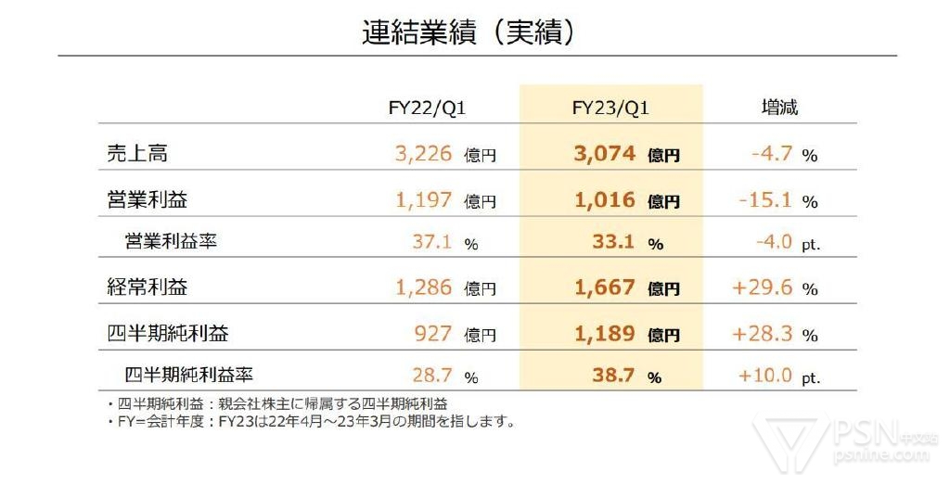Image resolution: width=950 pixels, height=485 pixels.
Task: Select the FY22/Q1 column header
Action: pyautogui.click(x=427, y=108)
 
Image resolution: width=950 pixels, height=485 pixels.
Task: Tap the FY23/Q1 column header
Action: pyautogui.click(x=610, y=108)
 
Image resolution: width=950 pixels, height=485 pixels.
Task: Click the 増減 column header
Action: pyautogui.click(x=778, y=108)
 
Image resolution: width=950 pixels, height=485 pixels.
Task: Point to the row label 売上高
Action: pyautogui.click(x=137, y=154)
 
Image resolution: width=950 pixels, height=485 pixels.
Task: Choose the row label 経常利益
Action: pyautogui.click(x=148, y=287)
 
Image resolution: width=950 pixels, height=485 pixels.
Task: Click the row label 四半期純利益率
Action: pyautogui.click(x=189, y=375)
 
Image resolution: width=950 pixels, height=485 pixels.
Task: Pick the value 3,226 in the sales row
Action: pyautogui.click(x=424, y=154)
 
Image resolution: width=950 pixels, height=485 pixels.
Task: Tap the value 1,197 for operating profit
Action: pyautogui.click(x=424, y=199)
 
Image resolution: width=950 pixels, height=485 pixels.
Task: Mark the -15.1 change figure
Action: pyautogui.click(x=765, y=199)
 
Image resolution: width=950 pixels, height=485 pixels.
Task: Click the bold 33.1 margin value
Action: pyautogui.click(x=613, y=243)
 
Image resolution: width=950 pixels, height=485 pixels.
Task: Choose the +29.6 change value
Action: pyautogui.click(x=763, y=287)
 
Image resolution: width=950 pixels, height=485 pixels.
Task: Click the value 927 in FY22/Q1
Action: pyautogui.click(x=434, y=333)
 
